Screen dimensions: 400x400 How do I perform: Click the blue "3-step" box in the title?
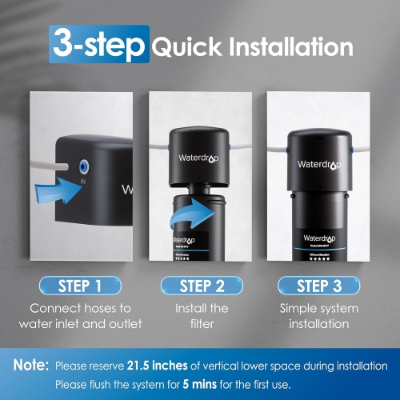[x=98, y=46]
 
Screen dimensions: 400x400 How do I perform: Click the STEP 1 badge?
[x=80, y=286]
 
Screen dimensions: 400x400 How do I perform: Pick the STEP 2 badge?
[x=200, y=286]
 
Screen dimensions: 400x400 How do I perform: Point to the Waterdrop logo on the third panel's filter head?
[x=318, y=164]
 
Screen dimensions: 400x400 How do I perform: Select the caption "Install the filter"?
[x=200, y=316]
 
